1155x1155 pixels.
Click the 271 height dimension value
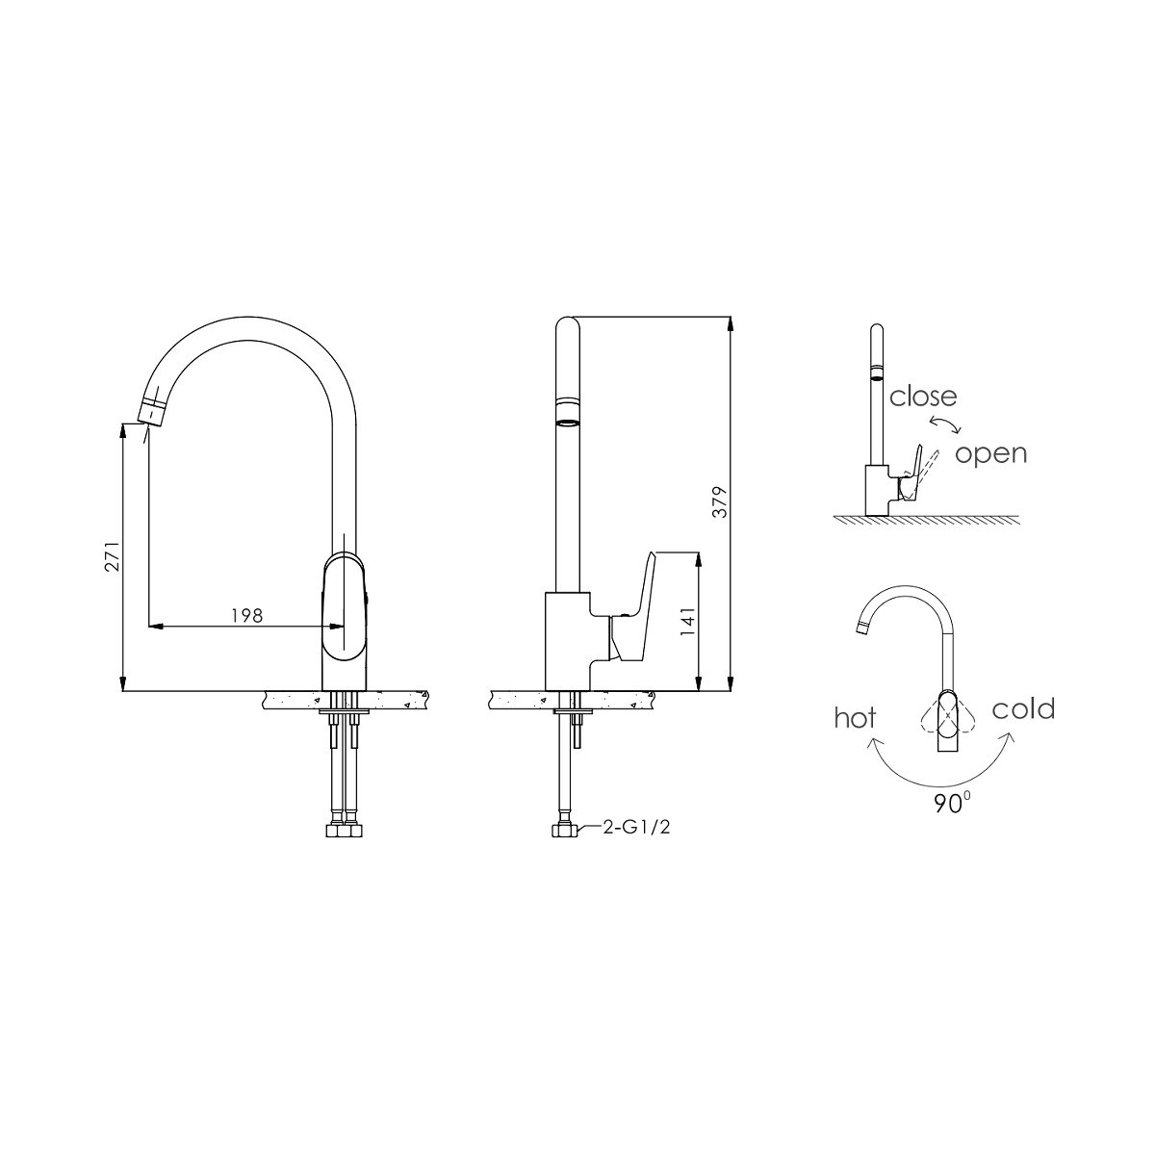point(112,559)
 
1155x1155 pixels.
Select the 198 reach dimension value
point(246,615)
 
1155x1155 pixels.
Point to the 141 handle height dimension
point(687,623)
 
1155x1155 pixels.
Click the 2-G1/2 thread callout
point(636,827)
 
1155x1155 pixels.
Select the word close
point(923,396)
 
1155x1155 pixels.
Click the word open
point(990,453)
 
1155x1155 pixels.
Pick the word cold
point(1023,709)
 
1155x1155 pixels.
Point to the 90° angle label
point(950,805)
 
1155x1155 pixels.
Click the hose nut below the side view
point(562,829)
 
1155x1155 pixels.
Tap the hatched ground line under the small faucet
point(924,519)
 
